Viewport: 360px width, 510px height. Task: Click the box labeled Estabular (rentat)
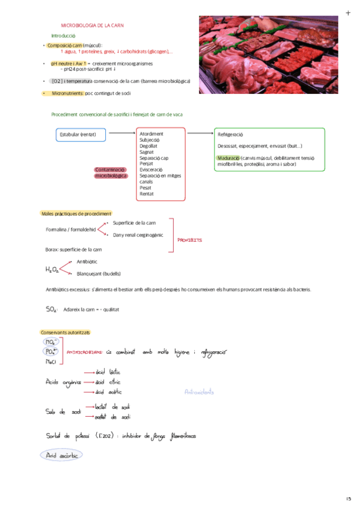point(81,134)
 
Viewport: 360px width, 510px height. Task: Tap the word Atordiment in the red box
point(151,134)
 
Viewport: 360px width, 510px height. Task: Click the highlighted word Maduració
point(228,158)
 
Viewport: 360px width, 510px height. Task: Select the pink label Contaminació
point(111,170)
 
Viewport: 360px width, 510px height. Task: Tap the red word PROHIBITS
point(190,240)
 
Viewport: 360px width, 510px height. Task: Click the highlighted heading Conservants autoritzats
point(65,333)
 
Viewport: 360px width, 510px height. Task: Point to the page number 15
point(349,499)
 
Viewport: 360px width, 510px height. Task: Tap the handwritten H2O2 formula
point(52,269)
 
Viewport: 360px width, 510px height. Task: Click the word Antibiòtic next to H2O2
point(88,262)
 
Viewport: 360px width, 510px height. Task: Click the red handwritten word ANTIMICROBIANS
point(85,353)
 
